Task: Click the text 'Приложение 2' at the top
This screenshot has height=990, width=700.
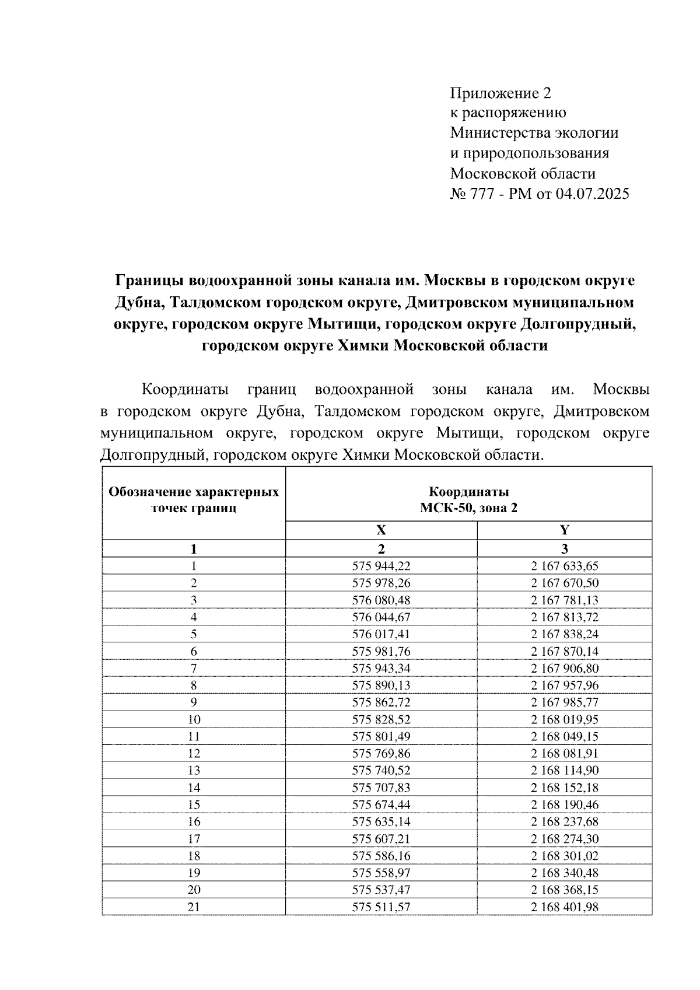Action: click(500, 93)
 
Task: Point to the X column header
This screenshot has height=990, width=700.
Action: click(381, 530)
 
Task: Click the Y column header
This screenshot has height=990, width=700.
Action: click(564, 530)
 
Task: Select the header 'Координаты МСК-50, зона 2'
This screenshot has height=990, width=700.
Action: click(468, 499)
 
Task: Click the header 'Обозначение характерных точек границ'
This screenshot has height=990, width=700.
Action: click(194, 499)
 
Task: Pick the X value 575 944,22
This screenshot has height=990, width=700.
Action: click(381, 566)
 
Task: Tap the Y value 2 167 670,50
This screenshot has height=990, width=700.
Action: click(564, 583)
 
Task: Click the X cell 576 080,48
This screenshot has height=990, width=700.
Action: click(381, 600)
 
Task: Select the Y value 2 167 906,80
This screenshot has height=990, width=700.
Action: click(564, 669)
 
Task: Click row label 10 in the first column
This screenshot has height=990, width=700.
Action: click(194, 719)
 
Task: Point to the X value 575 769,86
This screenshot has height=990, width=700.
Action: click(381, 754)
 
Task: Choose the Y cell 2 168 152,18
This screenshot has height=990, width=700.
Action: click(564, 788)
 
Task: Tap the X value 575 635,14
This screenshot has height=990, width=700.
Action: click(381, 822)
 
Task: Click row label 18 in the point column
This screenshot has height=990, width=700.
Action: click(194, 856)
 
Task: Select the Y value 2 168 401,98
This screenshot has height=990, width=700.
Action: click(564, 907)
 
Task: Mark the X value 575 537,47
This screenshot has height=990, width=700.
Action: click(381, 890)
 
